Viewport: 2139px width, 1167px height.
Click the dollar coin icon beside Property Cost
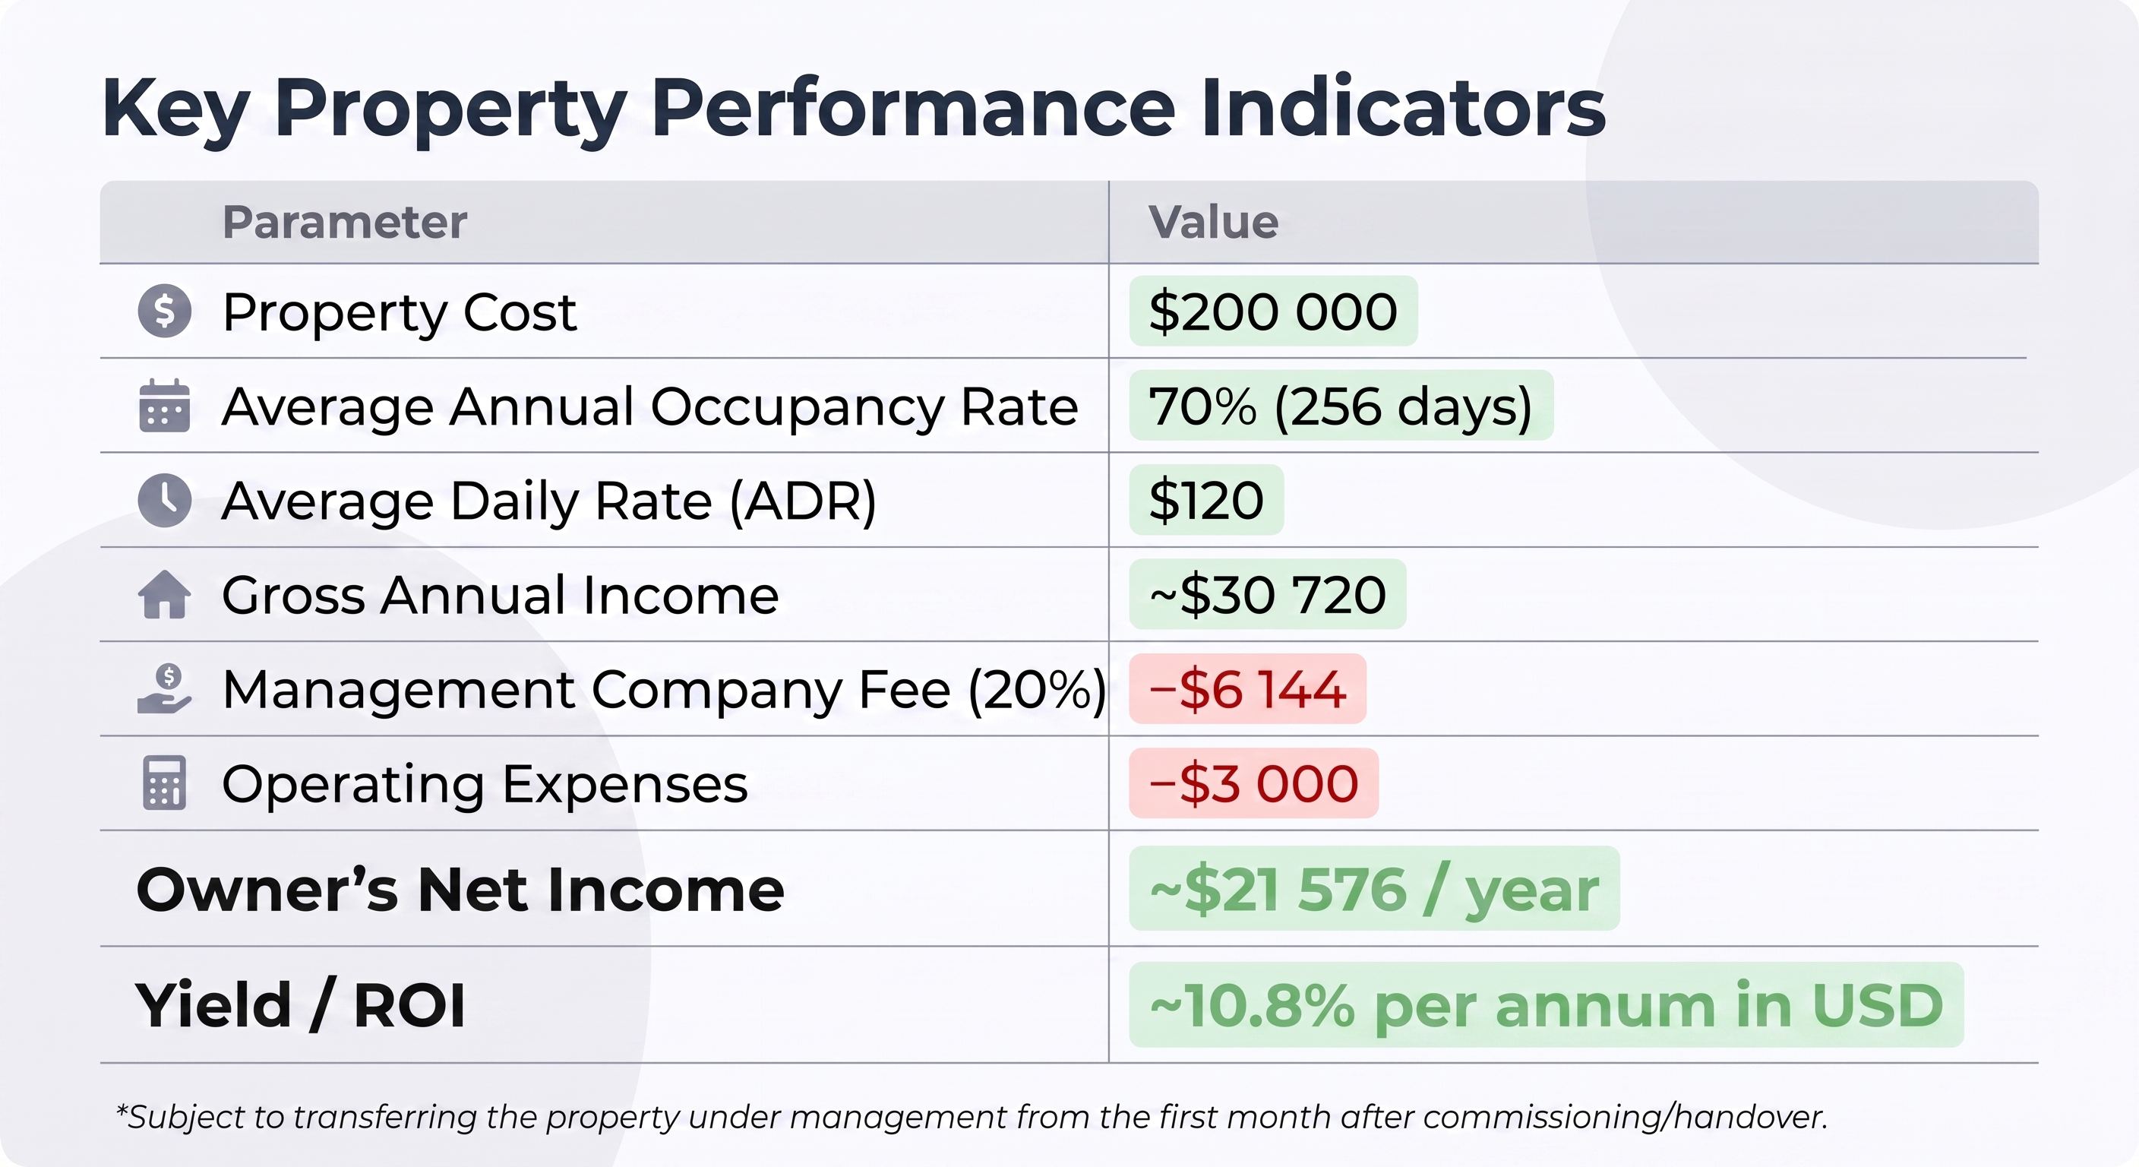tap(164, 312)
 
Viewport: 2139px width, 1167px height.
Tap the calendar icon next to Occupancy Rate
tap(164, 406)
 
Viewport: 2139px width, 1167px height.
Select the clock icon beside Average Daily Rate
tap(164, 500)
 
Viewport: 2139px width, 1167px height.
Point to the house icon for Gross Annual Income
tap(164, 595)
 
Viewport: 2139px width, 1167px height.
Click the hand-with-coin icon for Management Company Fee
tap(164, 688)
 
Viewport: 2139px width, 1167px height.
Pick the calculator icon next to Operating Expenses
tap(164, 783)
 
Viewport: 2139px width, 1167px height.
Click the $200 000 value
tap(1273, 312)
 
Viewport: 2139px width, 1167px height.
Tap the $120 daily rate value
tap(1206, 500)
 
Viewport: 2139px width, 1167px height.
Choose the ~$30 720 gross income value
tap(1268, 595)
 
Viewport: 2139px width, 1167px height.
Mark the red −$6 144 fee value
tap(1247, 688)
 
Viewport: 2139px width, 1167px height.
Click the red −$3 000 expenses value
tap(1254, 783)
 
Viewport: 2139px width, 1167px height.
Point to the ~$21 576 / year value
tap(1374, 889)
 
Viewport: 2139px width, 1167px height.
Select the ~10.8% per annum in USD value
tap(1546, 1005)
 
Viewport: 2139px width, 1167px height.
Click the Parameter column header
tap(345, 222)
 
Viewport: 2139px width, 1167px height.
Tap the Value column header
tap(1213, 222)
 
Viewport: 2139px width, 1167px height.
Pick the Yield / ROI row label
tap(300, 1005)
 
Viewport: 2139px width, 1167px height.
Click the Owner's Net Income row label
tap(460, 890)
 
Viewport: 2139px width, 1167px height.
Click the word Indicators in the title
tap(1403, 108)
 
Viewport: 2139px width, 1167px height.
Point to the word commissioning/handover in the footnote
tap(1625, 1117)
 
